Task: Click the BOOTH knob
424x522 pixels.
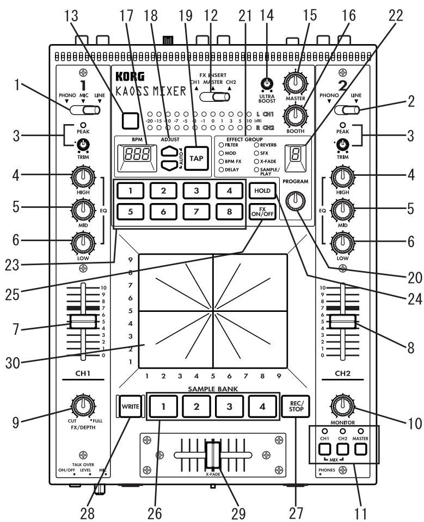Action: point(295,115)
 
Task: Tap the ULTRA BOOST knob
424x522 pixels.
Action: point(266,83)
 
